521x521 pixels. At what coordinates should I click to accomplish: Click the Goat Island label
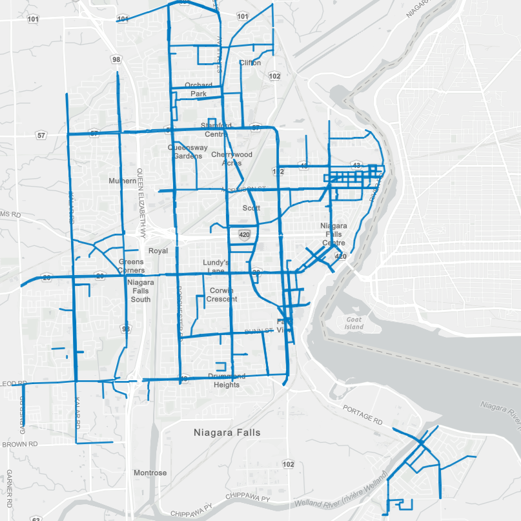pyautogui.click(x=354, y=323)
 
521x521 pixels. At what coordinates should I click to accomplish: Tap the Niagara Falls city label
pyautogui.click(x=227, y=433)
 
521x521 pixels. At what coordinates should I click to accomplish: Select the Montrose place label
pyautogui.click(x=150, y=473)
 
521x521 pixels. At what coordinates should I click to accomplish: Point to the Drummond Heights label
pyautogui.click(x=226, y=381)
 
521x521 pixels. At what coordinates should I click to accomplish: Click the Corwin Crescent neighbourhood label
pyautogui.click(x=222, y=295)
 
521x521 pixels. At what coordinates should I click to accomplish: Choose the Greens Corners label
pyautogui.click(x=131, y=266)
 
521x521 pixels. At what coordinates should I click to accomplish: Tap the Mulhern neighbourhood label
pyautogui.click(x=123, y=181)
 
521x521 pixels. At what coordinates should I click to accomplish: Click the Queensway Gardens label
pyautogui.click(x=188, y=151)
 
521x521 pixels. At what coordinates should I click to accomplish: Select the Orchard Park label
pyautogui.click(x=198, y=90)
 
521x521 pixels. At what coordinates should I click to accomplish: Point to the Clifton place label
pyautogui.click(x=250, y=63)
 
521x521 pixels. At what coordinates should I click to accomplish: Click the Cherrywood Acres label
pyautogui.click(x=232, y=159)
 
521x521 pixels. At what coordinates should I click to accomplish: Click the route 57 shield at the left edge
pyautogui.click(x=41, y=136)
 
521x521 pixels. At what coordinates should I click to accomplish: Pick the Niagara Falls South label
pyautogui.click(x=139, y=291)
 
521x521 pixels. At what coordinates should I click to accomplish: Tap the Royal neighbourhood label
pyautogui.click(x=158, y=250)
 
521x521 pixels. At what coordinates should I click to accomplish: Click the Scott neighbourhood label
pyautogui.click(x=251, y=208)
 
